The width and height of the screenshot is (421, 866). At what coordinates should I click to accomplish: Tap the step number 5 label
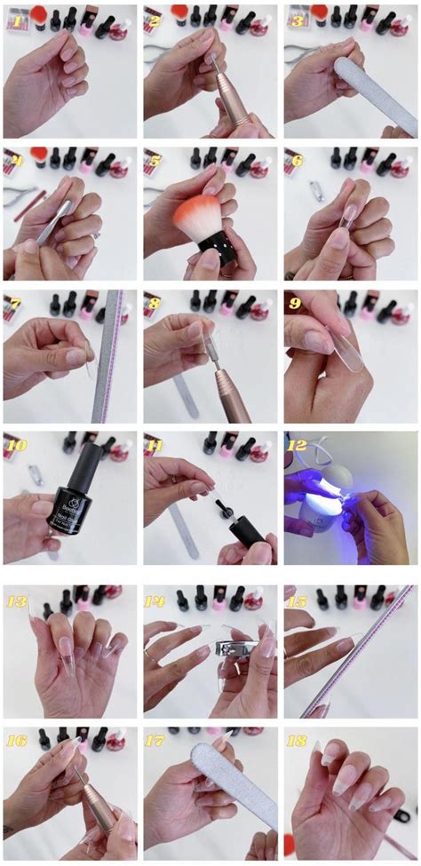tap(155, 162)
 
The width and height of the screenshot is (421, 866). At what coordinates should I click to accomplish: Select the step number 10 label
tap(17, 444)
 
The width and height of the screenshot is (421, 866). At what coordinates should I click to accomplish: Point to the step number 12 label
tap(298, 444)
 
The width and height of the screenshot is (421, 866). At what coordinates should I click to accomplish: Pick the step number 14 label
tap(158, 600)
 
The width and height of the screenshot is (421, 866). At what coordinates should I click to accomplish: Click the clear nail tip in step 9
tap(341, 346)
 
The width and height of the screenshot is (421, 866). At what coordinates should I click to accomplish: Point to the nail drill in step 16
tap(93, 799)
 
